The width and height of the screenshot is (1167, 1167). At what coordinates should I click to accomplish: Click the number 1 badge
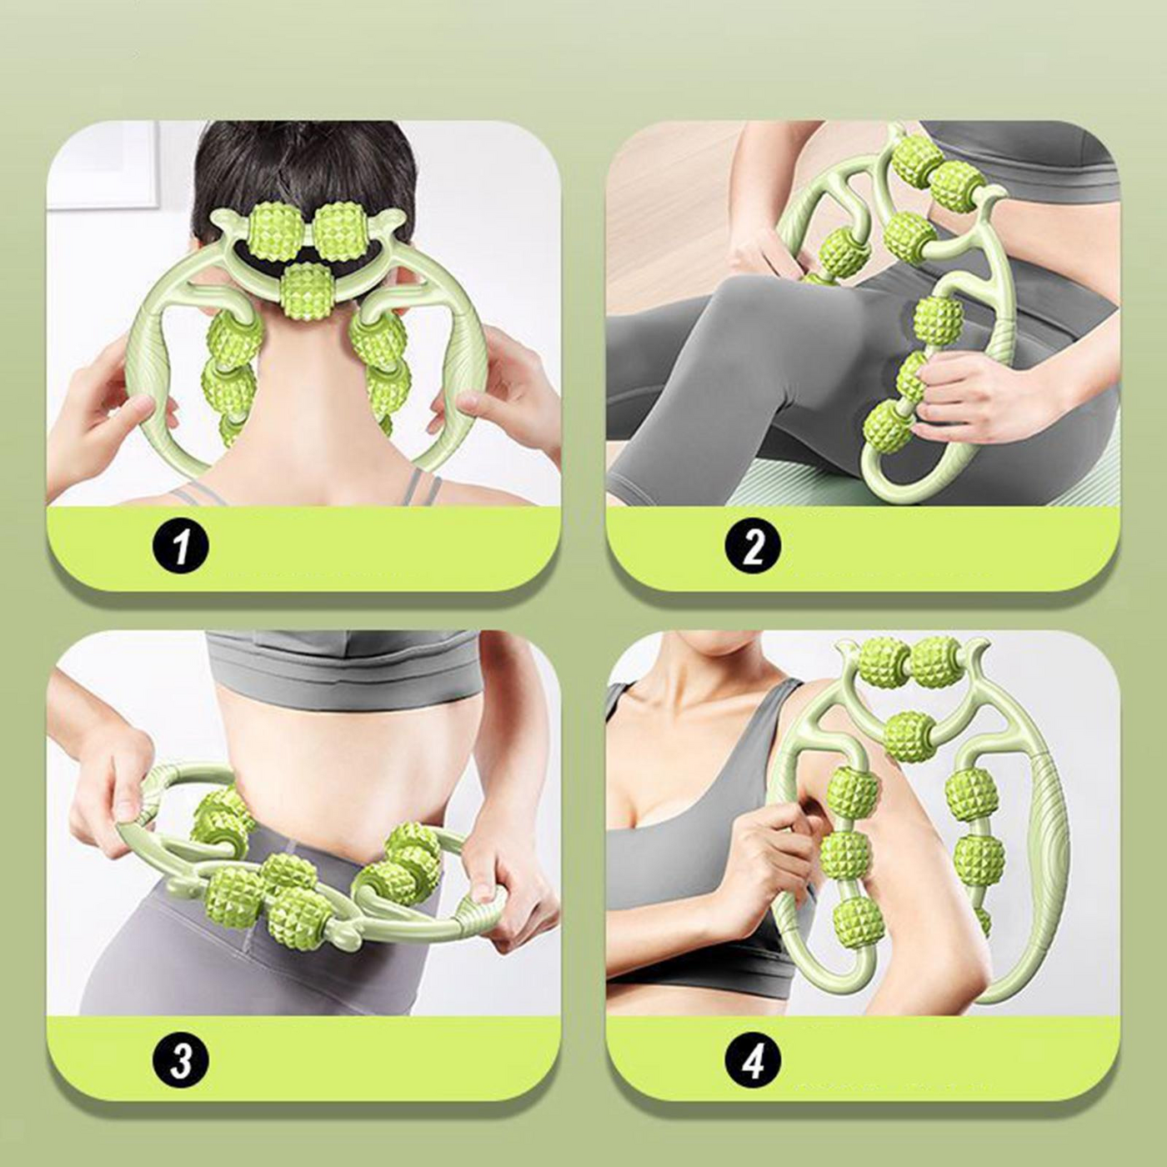pyautogui.click(x=179, y=548)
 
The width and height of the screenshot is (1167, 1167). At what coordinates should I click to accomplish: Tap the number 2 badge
pyautogui.click(x=753, y=548)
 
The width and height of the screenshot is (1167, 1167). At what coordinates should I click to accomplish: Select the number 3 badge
pyautogui.click(x=179, y=1061)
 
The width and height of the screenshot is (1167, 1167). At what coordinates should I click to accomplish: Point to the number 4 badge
pyautogui.click(x=753, y=1061)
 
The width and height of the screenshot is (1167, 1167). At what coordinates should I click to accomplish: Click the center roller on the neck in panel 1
pyautogui.click(x=307, y=291)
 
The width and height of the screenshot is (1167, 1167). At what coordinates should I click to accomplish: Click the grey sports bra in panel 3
pyautogui.click(x=342, y=667)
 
